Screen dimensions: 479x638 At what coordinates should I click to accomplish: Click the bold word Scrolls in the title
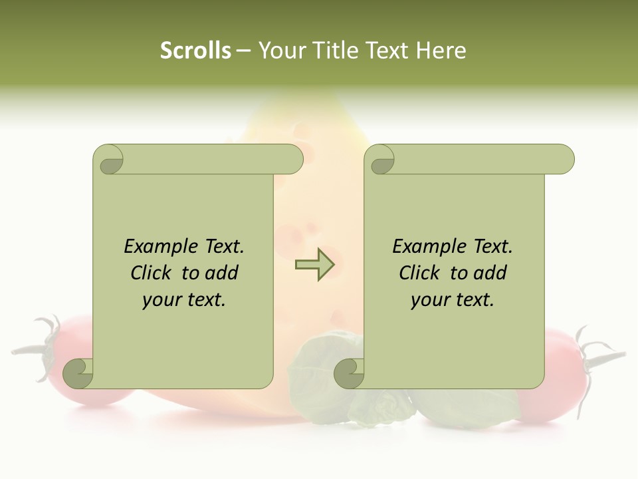point(195,51)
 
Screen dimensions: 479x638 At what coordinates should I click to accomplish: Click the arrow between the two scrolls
point(314,265)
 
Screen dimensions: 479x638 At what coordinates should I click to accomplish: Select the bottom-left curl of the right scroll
point(350,373)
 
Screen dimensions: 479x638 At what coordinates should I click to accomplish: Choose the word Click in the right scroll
point(419,273)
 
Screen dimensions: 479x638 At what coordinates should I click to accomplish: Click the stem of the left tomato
point(41,346)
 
